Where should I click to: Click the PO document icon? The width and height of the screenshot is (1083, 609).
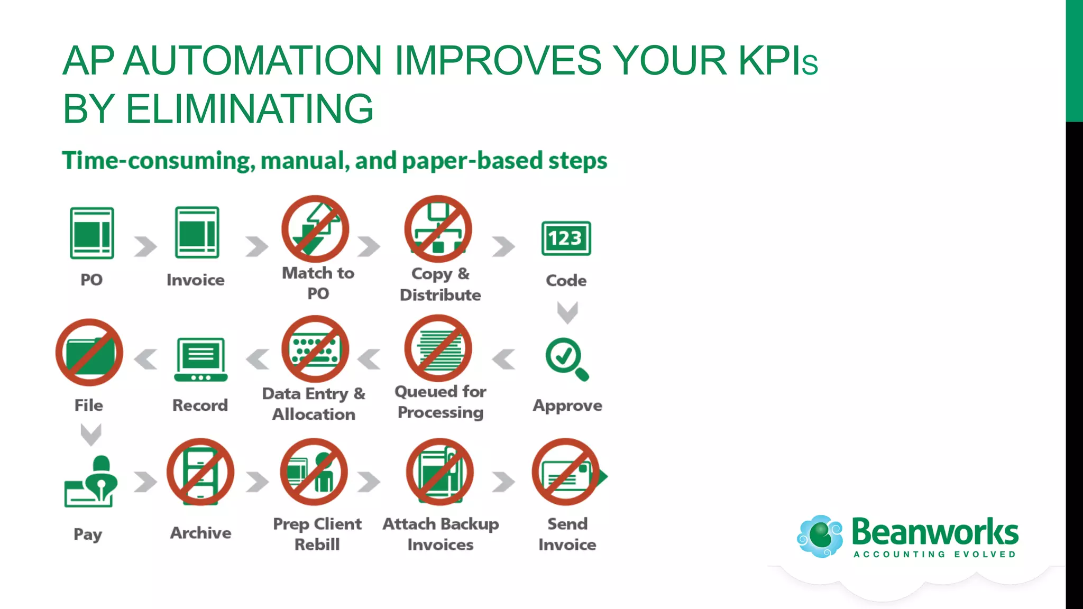pos(92,233)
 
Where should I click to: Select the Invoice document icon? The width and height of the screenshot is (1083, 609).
pos(197,233)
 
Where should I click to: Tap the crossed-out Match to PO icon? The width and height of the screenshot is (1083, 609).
pos(315,229)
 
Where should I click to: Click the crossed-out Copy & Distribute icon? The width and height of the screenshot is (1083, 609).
pos(438,229)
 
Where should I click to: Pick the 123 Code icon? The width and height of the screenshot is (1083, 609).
pos(566,238)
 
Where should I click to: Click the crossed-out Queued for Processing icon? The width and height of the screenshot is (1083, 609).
pos(438,348)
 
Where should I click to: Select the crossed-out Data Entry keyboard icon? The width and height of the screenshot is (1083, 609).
pos(315,349)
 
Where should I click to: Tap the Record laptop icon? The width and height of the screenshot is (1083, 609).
pos(201,359)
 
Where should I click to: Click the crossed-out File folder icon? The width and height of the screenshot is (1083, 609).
pos(89,352)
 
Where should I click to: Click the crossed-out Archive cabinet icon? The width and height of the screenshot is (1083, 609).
pos(200,472)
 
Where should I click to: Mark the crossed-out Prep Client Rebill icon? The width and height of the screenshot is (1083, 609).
pos(314,472)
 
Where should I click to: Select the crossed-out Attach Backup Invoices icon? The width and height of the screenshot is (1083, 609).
pos(440,472)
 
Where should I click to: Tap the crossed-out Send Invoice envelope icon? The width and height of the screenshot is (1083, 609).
pos(566,472)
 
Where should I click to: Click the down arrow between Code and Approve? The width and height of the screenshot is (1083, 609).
pos(567,312)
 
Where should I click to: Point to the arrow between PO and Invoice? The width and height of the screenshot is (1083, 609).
pos(145,246)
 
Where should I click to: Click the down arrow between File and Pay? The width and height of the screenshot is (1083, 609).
pos(90,435)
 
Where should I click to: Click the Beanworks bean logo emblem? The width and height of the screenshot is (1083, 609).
pos(820,536)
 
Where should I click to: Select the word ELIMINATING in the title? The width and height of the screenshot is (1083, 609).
pos(250,109)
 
